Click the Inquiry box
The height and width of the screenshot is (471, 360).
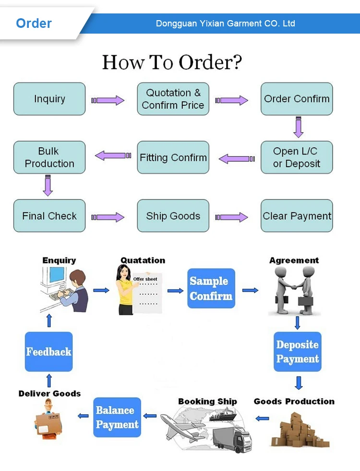click(49, 99)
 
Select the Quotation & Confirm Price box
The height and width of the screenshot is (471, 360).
click(173, 99)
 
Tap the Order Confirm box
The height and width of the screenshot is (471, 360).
click(297, 99)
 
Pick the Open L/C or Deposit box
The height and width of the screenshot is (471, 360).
click(297, 157)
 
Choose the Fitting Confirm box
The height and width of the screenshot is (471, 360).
click(173, 157)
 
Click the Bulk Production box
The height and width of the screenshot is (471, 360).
click(49, 157)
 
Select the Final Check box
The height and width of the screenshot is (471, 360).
click(49, 216)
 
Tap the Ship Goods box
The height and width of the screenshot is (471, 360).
click(173, 216)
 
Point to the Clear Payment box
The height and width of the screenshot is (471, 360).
click(297, 216)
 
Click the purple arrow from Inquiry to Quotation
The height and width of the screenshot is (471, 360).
click(108, 100)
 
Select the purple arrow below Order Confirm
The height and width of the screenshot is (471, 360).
click(299, 127)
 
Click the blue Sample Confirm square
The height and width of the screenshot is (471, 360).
click(211, 288)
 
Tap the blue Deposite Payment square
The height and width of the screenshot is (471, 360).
click(298, 351)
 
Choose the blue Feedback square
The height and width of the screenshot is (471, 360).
click(49, 351)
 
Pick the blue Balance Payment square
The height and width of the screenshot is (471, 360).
click(117, 417)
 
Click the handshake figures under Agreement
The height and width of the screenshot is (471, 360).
click(294, 290)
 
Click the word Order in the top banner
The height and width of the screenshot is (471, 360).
click(34, 23)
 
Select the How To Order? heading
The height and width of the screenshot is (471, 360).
click(172, 62)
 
